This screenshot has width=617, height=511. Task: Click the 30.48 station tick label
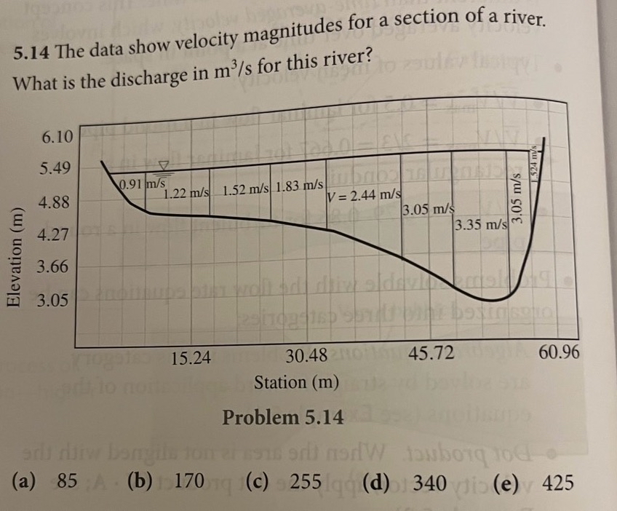pos(307,356)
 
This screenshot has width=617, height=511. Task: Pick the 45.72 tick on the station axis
pos(432,354)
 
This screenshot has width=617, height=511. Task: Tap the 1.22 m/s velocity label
pos(187,194)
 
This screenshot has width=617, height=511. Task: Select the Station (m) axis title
pos(296,381)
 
